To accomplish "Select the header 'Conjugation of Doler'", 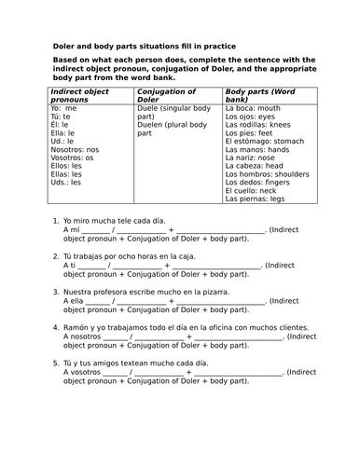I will click(166, 97).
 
